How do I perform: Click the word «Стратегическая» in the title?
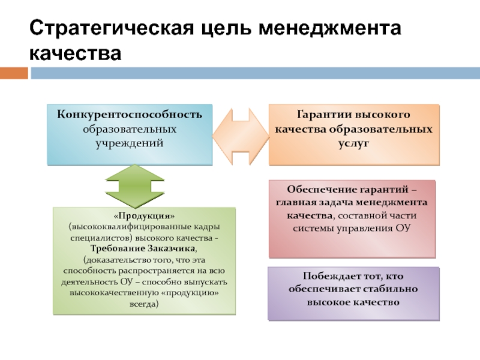click(x=112, y=28)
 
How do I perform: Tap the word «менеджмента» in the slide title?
click(x=329, y=28)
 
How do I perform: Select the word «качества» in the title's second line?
click(x=76, y=53)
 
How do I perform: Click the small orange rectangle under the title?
click(x=14, y=73)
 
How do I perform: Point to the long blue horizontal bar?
click(x=256, y=73)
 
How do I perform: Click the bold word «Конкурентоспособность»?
click(x=130, y=115)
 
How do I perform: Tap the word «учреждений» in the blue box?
click(x=130, y=143)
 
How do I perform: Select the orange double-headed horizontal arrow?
click(x=241, y=137)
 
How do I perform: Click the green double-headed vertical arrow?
click(x=134, y=186)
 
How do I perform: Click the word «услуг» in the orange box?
click(x=354, y=143)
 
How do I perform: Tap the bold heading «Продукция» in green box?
click(x=144, y=216)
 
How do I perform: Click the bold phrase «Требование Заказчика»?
click(x=143, y=248)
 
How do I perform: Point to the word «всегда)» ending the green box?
click(x=144, y=304)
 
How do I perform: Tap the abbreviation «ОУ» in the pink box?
click(x=403, y=228)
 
